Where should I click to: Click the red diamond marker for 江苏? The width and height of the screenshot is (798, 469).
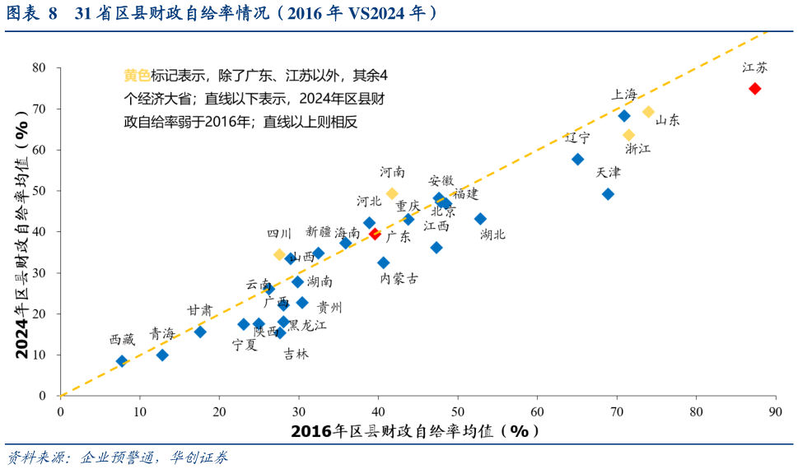(754, 89)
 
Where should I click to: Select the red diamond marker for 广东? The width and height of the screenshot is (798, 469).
(375, 234)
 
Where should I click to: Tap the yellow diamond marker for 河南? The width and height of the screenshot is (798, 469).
(392, 194)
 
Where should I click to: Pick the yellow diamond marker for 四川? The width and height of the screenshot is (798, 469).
(280, 255)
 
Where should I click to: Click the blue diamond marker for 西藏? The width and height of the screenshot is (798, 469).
(122, 361)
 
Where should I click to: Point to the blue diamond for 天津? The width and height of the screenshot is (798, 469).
(608, 194)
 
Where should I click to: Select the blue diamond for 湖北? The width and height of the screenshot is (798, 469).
(480, 219)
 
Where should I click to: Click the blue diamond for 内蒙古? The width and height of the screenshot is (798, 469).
(384, 263)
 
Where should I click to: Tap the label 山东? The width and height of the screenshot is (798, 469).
(668, 120)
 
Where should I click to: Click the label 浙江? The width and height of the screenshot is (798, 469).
(638, 149)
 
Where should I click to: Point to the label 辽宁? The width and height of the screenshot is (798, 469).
(577, 137)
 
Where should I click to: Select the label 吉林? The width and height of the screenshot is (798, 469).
(296, 354)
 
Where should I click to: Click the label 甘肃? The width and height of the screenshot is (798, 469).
(199, 310)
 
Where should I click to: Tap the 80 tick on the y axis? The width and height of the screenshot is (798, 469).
(39, 67)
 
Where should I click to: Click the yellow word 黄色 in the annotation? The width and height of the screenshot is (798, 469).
(137, 76)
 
